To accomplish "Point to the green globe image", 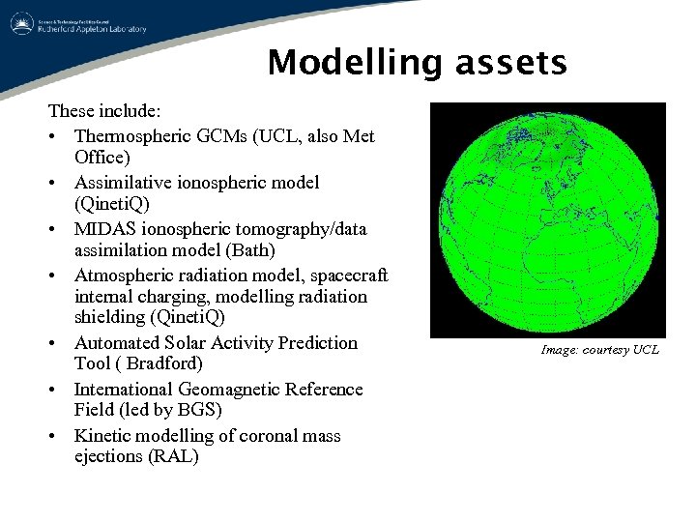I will (x=547, y=219).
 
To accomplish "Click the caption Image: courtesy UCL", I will (x=599, y=350).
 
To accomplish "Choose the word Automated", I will (x=117, y=343).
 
